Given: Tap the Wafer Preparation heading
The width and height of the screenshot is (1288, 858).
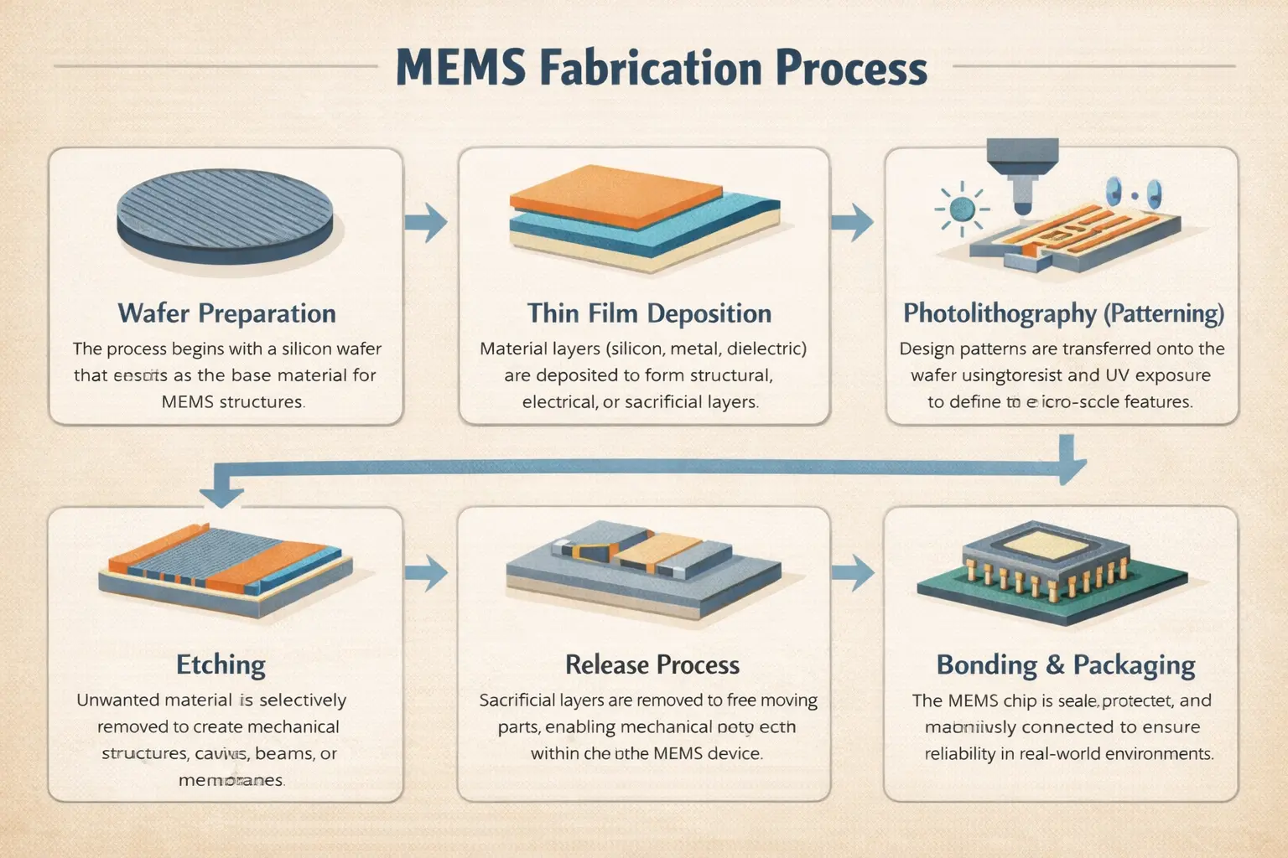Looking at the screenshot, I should (226, 313).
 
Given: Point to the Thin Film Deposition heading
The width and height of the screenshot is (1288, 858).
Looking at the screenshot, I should (649, 313).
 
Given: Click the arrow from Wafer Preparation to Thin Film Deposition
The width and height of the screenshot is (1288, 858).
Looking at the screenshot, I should (427, 222).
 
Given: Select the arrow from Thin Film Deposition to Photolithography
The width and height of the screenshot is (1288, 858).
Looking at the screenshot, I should (854, 222).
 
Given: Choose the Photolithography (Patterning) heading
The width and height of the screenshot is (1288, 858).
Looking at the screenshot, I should (1063, 313).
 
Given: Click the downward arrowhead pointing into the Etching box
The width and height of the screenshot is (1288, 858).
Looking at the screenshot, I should (222, 494).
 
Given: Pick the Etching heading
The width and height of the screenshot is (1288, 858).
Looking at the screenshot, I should (221, 665).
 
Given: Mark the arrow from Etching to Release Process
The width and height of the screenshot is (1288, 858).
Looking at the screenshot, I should (427, 573).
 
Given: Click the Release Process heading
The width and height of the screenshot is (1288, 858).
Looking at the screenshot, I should (652, 665).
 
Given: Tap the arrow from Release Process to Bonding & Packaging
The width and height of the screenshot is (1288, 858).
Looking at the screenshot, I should (854, 573).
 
